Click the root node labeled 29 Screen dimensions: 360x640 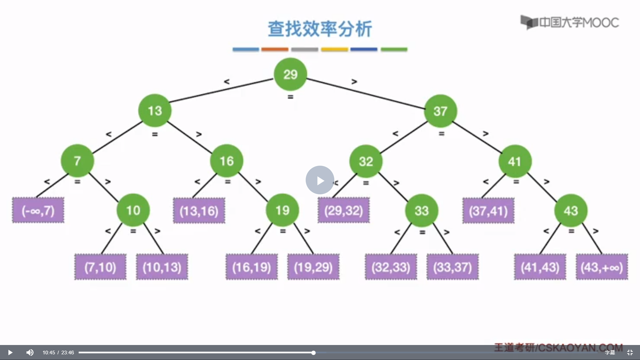coord(290,74)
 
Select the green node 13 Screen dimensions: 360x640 coord(155,111)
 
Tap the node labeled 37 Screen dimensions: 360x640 coord(440,111)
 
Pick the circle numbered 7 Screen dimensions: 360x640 coord(77,161)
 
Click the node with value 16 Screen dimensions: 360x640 coord(227,161)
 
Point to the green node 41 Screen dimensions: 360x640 coord(515,161)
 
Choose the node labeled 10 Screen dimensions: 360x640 coord(133,210)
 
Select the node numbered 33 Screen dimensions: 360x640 coord(421,211)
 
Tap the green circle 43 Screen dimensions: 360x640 coord(571,211)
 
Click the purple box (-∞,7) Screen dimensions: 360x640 coord(38,210)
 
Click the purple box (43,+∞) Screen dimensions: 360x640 coord(602,267)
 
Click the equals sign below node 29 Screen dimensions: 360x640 coord(290,97)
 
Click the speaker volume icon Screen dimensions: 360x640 coord(30,352)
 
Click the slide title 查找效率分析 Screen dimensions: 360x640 coord(320,29)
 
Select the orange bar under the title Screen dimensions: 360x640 coord(275,49)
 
